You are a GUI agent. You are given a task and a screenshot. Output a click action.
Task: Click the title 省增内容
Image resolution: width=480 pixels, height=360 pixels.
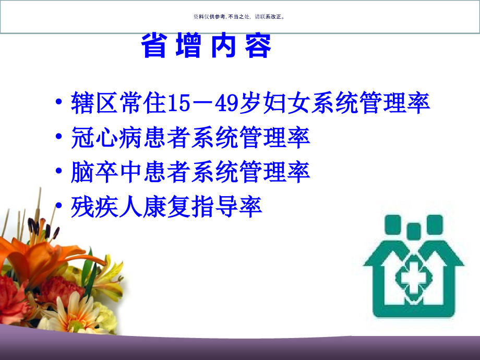[x=206, y=45]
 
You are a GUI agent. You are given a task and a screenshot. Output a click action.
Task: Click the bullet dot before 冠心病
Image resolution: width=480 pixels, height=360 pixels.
[x=59, y=137]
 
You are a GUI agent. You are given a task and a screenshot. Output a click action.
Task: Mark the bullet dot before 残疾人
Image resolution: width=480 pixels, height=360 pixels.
[x=59, y=206]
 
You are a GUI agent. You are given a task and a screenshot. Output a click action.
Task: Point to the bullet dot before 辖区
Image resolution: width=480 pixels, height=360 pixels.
[x=59, y=102]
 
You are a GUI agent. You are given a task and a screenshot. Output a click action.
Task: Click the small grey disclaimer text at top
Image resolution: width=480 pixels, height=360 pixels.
[x=239, y=17]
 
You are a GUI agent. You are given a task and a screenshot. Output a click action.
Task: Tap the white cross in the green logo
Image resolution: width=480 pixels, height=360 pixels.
[x=414, y=278]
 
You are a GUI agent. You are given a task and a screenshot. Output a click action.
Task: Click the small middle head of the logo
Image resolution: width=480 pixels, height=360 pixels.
[x=414, y=232]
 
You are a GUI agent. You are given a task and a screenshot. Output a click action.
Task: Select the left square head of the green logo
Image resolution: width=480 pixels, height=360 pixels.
[x=393, y=224]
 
